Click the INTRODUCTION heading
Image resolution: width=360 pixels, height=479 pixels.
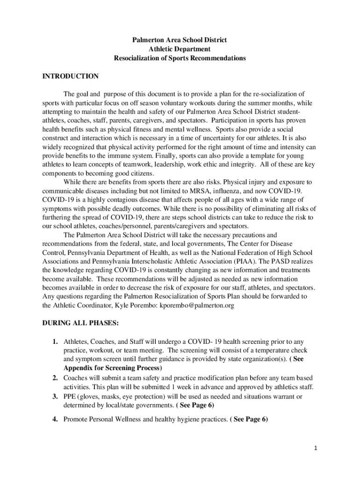70,76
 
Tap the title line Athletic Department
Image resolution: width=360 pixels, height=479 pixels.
180,49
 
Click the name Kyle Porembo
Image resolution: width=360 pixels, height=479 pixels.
137,305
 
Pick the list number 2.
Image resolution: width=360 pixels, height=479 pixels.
55,377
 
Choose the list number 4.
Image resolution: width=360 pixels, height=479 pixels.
55,419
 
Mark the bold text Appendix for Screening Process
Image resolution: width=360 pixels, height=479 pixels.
113,368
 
